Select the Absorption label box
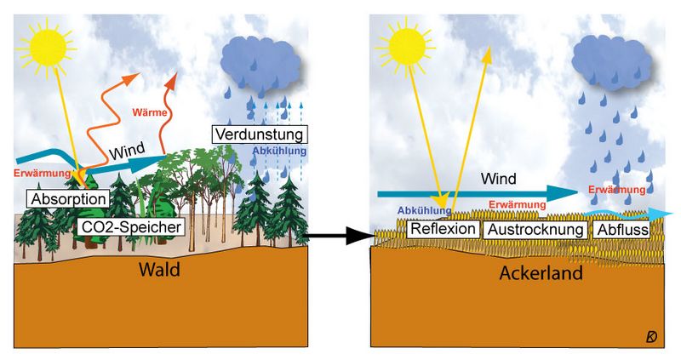click(x=69, y=199)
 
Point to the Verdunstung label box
click(x=259, y=134)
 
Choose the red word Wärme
click(x=149, y=112)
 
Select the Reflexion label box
click(x=443, y=230)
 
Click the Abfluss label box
click(x=622, y=230)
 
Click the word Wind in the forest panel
click(x=129, y=152)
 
